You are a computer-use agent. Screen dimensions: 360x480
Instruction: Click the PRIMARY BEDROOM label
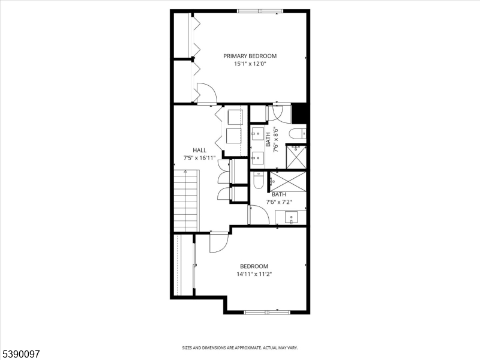(x=250, y=56)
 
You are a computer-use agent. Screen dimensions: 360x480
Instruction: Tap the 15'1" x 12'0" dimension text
(x=250, y=63)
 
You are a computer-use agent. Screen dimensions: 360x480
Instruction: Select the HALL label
(x=199, y=150)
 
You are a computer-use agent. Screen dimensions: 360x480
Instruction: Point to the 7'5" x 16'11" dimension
(x=199, y=158)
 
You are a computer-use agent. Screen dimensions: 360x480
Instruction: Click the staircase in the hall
(x=185, y=200)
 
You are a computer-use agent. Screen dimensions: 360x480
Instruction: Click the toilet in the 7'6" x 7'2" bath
(x=258, y=180)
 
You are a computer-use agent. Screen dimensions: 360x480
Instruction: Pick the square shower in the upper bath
(x=297, y=156)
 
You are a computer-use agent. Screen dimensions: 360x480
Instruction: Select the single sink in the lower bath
(x=292, y=217)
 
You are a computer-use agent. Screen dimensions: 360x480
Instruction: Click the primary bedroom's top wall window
(x=259, y=11)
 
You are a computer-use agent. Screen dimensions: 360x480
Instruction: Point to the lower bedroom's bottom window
(x=266, y=312)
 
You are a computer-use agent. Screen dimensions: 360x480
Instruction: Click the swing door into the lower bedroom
(x=218, y=242)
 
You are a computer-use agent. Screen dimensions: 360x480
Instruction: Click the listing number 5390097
(x=20, y=354)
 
